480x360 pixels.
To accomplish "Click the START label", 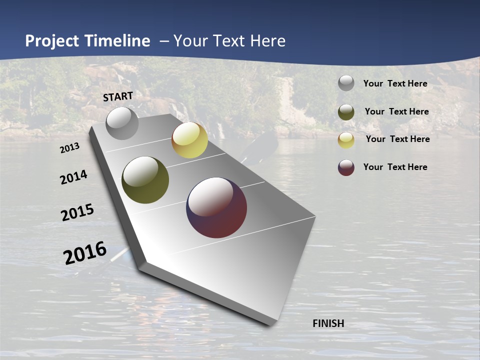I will (118, 96).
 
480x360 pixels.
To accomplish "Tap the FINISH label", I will (328, 323).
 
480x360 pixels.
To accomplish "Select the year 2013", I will (69, 148).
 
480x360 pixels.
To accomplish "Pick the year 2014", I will (73, 177).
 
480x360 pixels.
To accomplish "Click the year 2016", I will (85, 253).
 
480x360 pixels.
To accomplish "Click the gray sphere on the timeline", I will (122, 123).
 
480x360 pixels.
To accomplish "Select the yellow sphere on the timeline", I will (189, 140).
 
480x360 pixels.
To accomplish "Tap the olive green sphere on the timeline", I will (145, 180).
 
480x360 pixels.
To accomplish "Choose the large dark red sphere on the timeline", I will (216, 207).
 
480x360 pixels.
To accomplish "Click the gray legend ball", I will (346, 83).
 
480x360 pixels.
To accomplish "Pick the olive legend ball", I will (346, 112).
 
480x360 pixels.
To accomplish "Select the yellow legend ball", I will (346, 140).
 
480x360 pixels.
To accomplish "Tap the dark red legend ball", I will (346, 167).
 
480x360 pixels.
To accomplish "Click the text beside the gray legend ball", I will (395, 83).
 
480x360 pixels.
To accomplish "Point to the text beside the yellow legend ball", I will (397, 139).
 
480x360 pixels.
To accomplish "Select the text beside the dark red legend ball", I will (395, 167).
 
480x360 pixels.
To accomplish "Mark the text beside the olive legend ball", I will (396, 111).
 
